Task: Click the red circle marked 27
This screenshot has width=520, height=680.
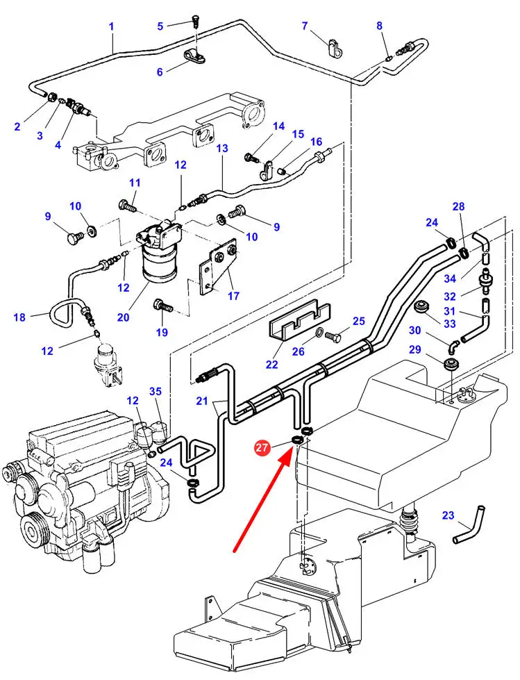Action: coord(262,449)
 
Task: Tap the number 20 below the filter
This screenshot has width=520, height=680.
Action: coord(123,317)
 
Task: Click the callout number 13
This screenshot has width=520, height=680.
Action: coord(222,149)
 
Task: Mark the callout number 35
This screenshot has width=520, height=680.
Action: coord(156,392)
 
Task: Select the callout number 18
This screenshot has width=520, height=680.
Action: coord(19,317)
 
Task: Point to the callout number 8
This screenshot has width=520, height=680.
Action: coord(379,26)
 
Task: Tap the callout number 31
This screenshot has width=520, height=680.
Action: coord(450,311)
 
